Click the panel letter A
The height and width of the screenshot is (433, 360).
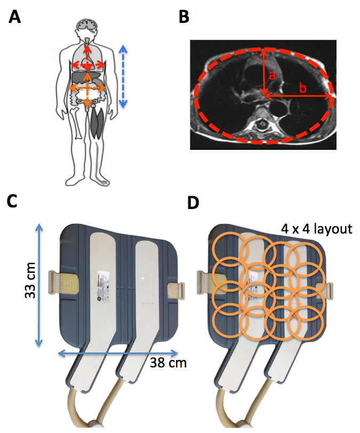(x=15, y=18)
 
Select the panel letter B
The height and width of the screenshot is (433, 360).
(x=183, y=18)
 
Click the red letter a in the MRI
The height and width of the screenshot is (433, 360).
(x=271, y=77)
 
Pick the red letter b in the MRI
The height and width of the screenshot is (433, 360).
(x=302, y=89)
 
